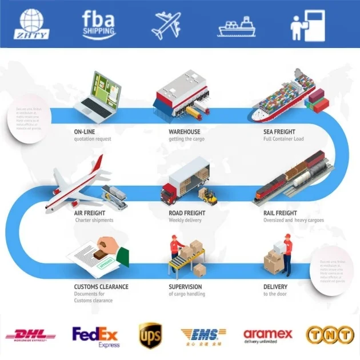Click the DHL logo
click(x=30, y=334)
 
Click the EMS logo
click(x=203, y=335)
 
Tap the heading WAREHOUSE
click(x=184, y=132)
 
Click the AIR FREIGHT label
click(x=90, y=213)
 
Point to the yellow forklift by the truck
click(x=210, y=197)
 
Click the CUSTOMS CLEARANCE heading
click(x=101, y=287)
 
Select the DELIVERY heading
click(x=275, y=287)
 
